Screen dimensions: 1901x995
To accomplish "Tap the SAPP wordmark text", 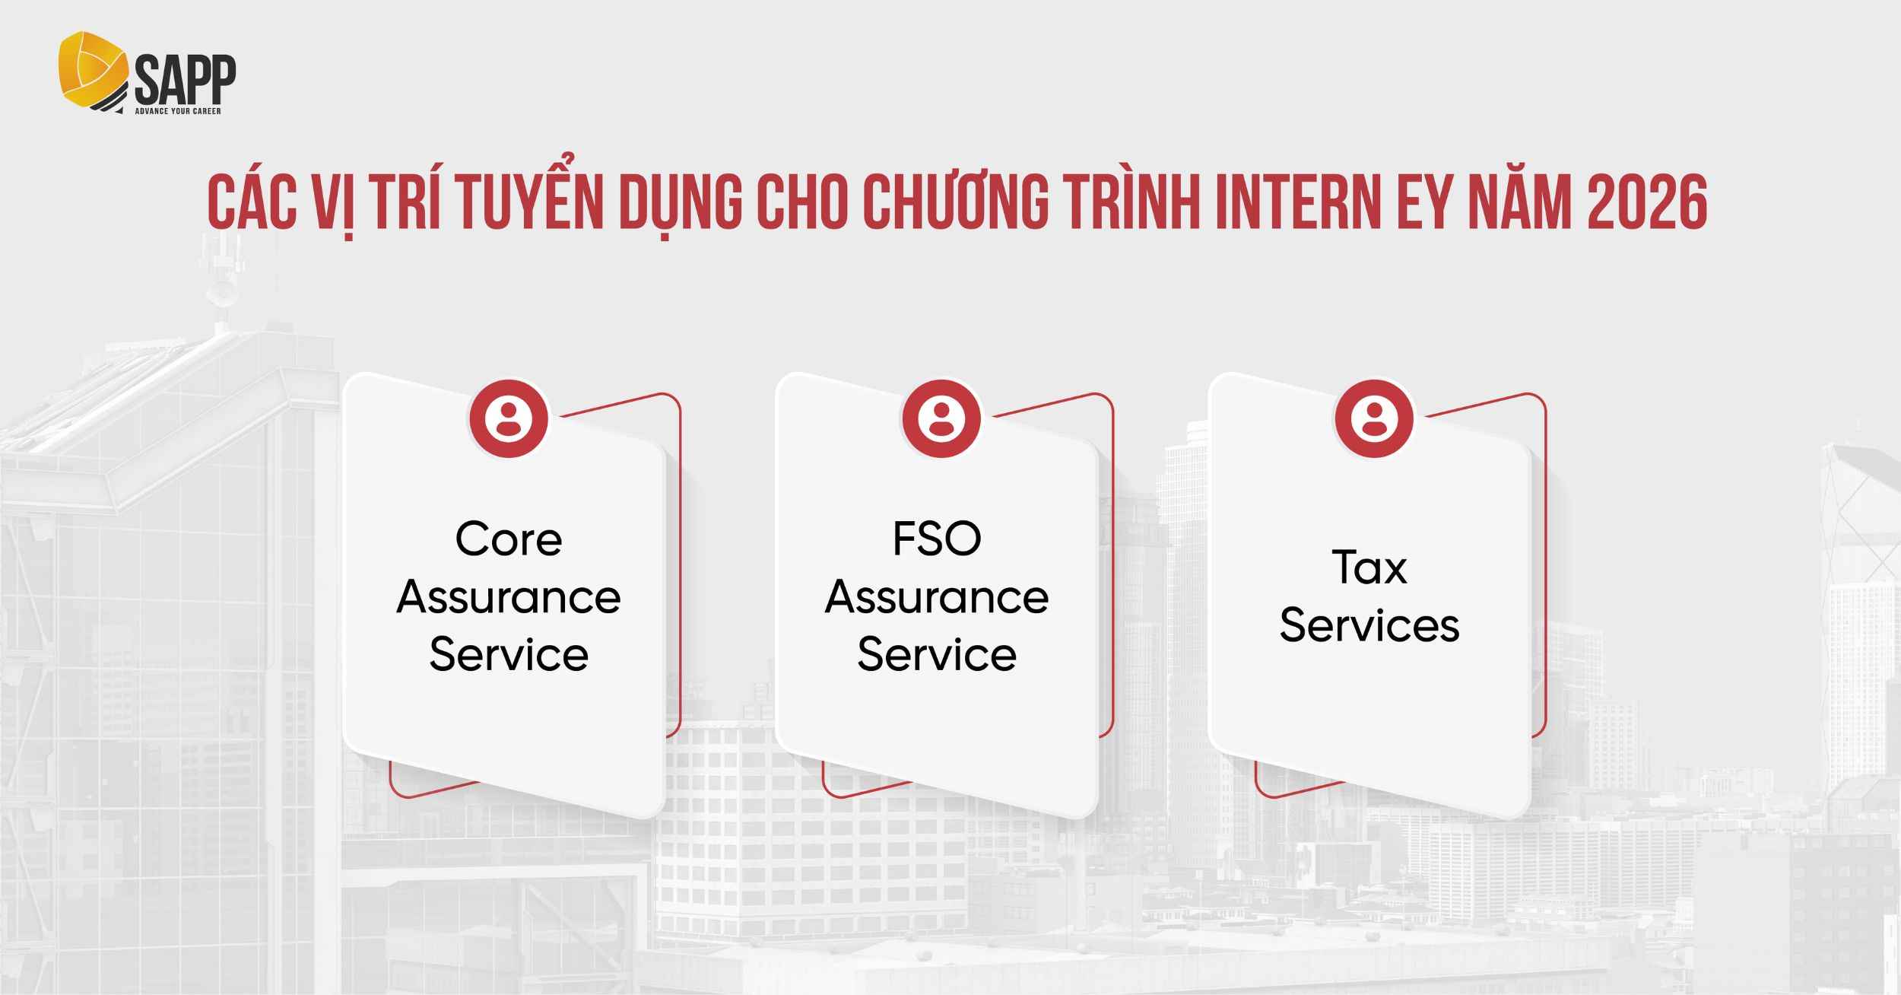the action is (x=185, y=80).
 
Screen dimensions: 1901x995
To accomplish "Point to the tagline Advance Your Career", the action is (x=178, y=111).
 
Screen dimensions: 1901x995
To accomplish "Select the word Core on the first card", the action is (x=509, y=539).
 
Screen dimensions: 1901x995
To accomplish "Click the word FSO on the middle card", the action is (x=937, y=539).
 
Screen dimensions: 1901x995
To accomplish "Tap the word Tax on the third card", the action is (x=1369, y=568).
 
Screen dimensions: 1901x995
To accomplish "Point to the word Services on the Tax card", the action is (x=1369, y=626).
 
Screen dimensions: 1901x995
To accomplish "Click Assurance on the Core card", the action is (x=509, y=597).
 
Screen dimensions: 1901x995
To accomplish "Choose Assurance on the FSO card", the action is (x=937, y=597).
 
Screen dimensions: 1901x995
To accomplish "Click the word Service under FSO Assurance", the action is (x=937, y=655).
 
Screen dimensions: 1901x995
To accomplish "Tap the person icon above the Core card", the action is (x=509, y=418).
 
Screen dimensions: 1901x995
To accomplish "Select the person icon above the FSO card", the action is (x=941, y=418).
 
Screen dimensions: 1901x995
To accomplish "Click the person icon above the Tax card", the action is (x=1374, y=418).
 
